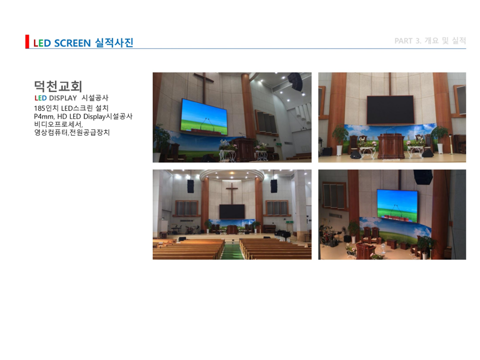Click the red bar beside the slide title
27,41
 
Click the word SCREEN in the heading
72,43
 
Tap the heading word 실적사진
114,42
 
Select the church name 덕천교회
58,86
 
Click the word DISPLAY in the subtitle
63,98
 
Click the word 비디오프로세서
58,124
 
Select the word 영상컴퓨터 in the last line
51,132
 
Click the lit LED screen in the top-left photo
204,116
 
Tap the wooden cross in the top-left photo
203,87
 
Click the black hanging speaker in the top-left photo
295,81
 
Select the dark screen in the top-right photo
390,109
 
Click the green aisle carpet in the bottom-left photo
232,250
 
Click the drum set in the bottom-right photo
329,235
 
